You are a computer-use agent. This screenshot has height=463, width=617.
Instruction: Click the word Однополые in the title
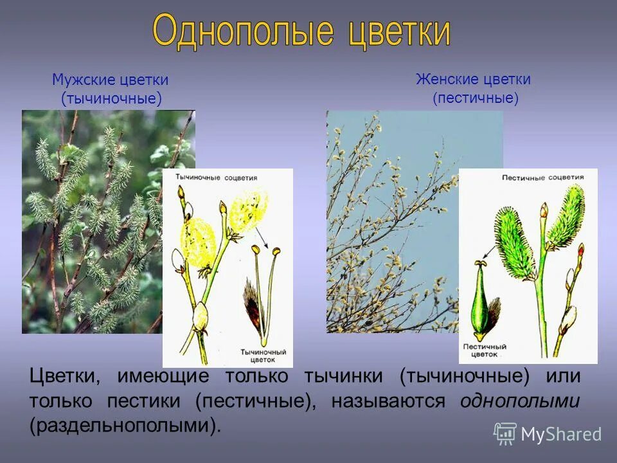point(243,32)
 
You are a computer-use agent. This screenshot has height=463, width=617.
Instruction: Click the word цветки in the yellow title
point(398,32)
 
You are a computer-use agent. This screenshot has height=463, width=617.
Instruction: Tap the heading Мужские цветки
point(111,80)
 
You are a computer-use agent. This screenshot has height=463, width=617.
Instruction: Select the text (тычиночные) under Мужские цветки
point(111,98)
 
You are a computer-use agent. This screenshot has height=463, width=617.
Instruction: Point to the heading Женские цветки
point(473,80)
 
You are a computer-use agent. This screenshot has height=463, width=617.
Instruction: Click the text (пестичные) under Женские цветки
point(475,98)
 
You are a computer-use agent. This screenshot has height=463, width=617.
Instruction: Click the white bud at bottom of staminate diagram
point(201,315)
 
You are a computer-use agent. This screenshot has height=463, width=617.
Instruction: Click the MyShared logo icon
point(505,433)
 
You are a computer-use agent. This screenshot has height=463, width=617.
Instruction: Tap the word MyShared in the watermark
point(561,434)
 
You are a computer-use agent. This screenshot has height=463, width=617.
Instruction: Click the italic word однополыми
point(520,401)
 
